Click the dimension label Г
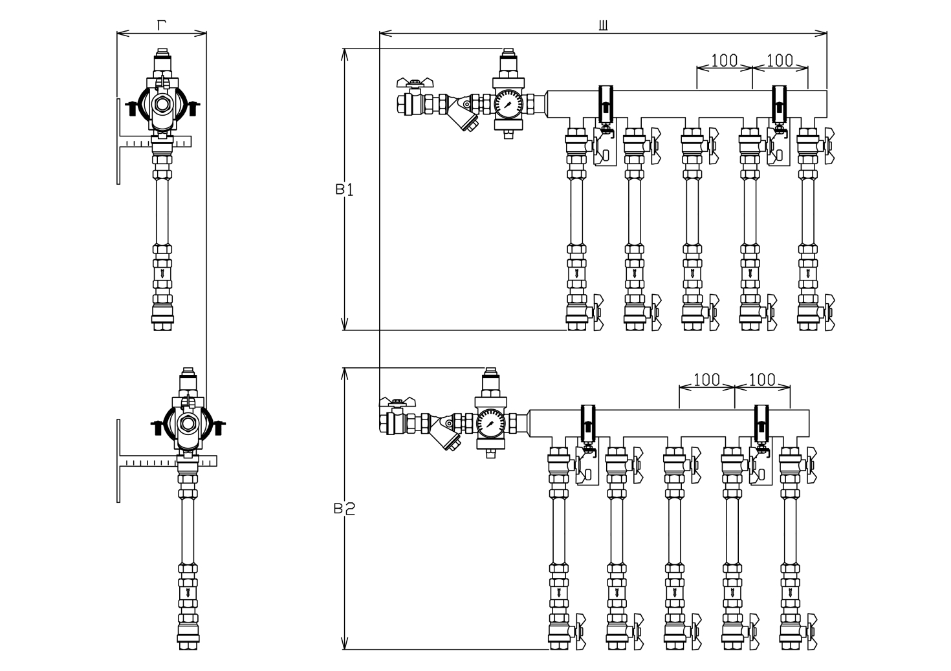pos(161,25)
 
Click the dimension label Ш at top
pos(603,26)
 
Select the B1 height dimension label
pos(344,189)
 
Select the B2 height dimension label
pos(344,509)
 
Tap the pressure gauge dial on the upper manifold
pos(508,104)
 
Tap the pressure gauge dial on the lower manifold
pos(491,423)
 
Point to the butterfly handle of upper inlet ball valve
pos(415,82)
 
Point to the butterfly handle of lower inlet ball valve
pos(397,401)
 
